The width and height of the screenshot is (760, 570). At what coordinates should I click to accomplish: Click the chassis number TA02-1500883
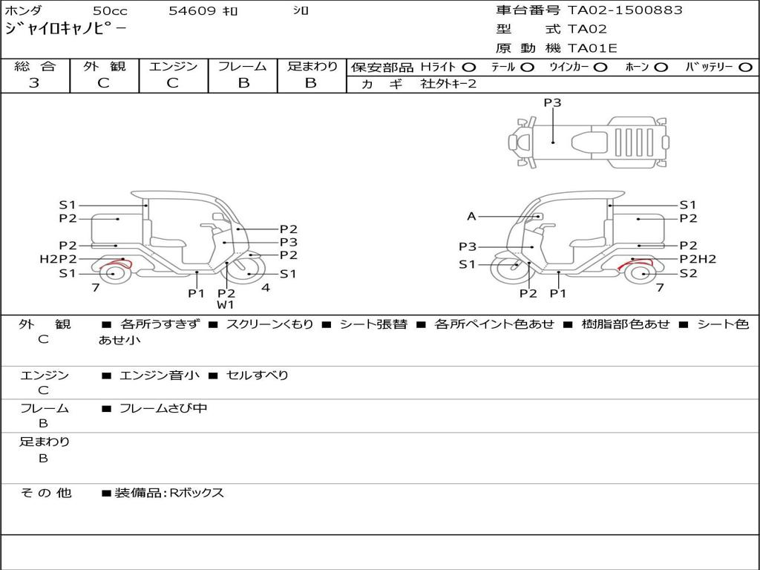pos(625,10)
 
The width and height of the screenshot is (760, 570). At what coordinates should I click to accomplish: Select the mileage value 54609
pos(191,10)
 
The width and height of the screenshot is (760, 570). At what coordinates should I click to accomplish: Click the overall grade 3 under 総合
pos(34,83)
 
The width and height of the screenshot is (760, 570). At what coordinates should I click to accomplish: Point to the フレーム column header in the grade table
pos(243,66)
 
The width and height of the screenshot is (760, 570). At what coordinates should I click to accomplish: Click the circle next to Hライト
pos(469,68)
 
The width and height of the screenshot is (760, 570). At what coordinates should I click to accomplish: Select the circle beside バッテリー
pos(745,68)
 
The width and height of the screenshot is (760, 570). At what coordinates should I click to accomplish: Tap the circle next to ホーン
pos(661,68)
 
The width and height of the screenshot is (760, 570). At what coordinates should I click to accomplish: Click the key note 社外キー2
pos(448,84)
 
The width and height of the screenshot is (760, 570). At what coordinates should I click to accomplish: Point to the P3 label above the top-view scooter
pos(552,102)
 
